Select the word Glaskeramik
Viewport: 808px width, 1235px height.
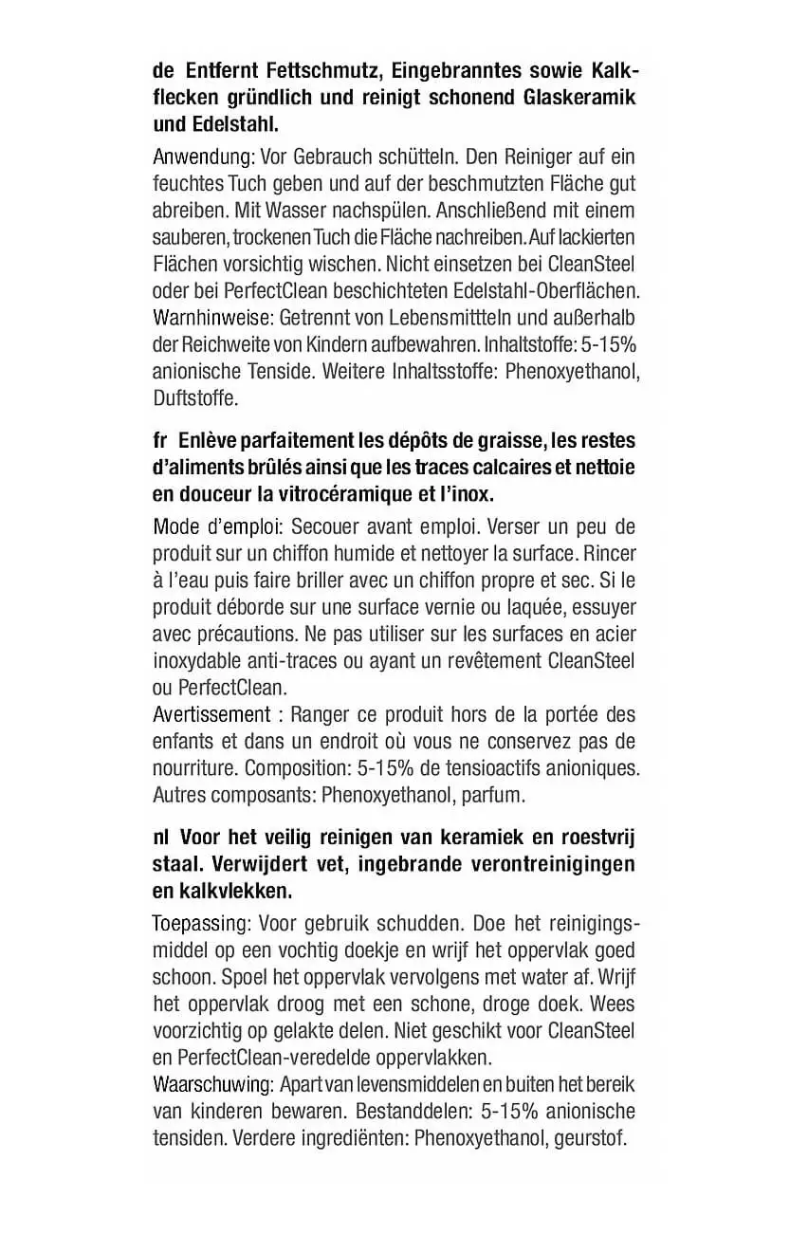click(x=579, y=98)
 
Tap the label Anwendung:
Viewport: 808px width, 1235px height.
click(x=192, y=157)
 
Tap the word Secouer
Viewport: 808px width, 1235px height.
click(x=321, y=526)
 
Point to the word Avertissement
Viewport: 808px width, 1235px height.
click(x=211, y=713)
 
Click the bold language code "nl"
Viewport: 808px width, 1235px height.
click(x=160, y=839)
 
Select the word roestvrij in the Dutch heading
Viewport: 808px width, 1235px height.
click(x=598, y=839)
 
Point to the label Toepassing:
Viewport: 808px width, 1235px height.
click(x=201, y=924)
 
